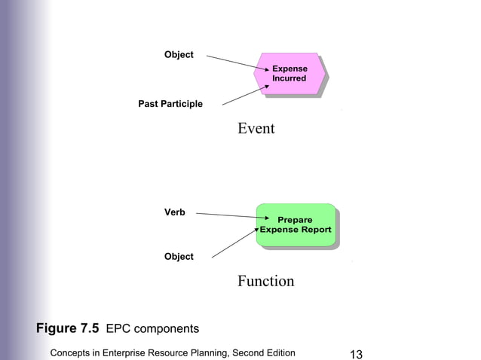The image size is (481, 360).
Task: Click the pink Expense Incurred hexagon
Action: point(290,74)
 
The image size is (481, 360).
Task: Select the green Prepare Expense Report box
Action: point(295,224)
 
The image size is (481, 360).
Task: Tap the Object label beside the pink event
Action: point(179,55)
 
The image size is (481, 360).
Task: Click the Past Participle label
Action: point(170,104)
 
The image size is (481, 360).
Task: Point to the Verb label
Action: point(175,213)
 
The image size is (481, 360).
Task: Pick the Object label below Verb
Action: point(179,257)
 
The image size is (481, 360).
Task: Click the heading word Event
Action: point(256,129)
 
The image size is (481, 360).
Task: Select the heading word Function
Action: point(265,282)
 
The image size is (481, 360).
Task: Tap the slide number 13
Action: point(357,354)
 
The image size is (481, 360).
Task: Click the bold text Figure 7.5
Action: point(68,329)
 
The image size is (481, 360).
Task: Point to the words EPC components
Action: point(152,329)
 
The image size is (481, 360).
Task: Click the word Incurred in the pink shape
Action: point(290,79)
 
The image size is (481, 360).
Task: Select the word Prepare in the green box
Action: point(295,220)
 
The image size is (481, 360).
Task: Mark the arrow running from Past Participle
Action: point(241,96)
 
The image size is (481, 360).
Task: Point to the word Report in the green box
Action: point(316,230)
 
